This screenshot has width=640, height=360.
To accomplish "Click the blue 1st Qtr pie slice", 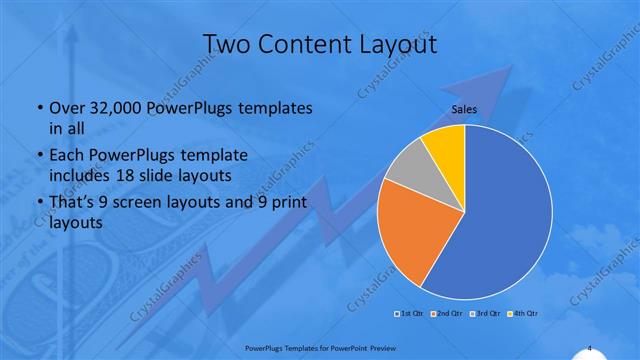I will click(500, 220).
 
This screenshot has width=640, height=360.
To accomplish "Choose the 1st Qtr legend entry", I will click(408, 314).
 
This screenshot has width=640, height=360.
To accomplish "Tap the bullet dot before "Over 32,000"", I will click(39, 108).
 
